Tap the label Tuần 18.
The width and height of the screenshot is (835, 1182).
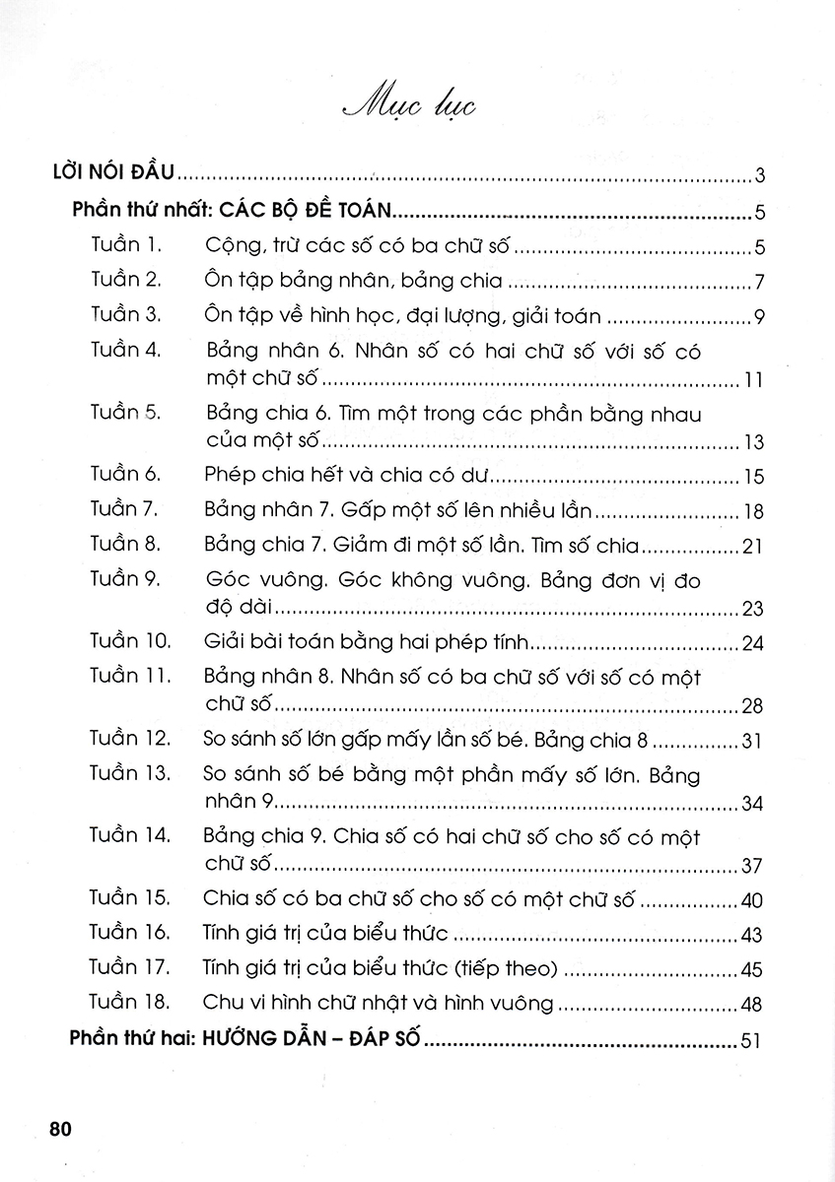129,1002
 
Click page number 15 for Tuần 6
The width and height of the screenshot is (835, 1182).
754,478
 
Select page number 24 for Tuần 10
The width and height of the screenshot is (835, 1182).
753,645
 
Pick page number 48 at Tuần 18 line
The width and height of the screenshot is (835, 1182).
753,1006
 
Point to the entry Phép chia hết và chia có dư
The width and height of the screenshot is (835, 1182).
348,475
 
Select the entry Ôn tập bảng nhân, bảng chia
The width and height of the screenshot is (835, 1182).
353,281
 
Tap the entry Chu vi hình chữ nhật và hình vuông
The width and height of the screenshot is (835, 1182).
379,1003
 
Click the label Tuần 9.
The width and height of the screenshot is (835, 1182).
124,579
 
